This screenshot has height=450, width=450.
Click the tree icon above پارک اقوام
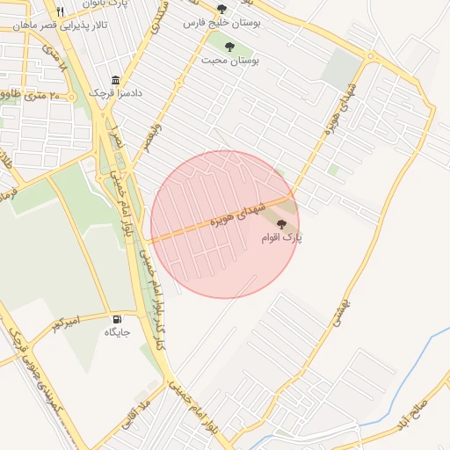pyautogui.click(x=281, y=225)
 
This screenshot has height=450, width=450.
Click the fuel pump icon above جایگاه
pyautogui.click(x=117, y=319)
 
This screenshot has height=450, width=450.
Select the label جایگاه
pyautogui.click(x=117, y=332)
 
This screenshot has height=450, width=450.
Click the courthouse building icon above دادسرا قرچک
pyautogui.click(x=115, y=79)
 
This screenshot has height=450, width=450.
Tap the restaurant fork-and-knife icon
pyautogui.click(x=60, y=11)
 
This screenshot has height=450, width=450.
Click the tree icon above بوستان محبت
pyautogui.click(x=229, y=47)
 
